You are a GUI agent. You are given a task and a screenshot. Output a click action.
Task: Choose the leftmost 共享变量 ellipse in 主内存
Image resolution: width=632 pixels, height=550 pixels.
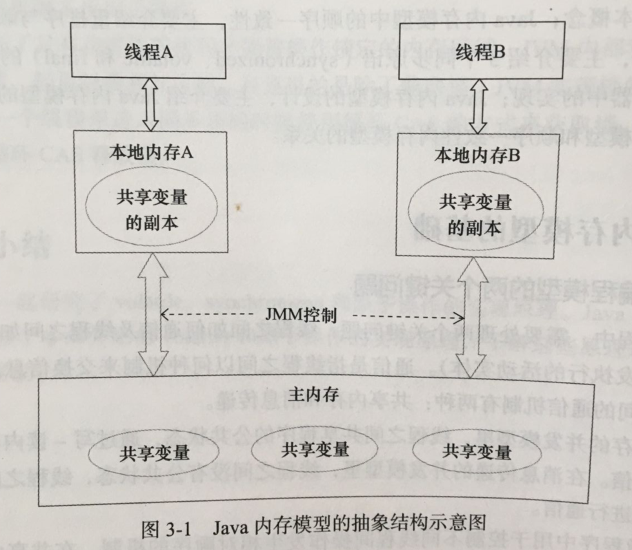pyautogui.click(x=155, y=452)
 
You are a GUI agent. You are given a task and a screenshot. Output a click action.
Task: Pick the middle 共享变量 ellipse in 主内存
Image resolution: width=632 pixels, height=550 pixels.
pyautogui.click(x=315, y=449)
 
